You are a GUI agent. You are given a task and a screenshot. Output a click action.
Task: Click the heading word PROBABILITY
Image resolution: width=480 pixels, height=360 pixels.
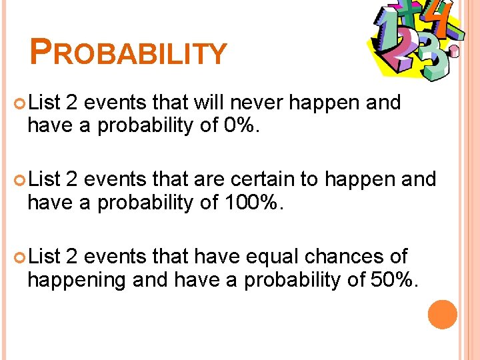[128, 52]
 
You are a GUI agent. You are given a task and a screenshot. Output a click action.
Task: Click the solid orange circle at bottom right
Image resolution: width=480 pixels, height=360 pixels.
[443, 315]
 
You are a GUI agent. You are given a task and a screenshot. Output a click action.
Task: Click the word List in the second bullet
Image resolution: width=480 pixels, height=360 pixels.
[45, 179]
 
